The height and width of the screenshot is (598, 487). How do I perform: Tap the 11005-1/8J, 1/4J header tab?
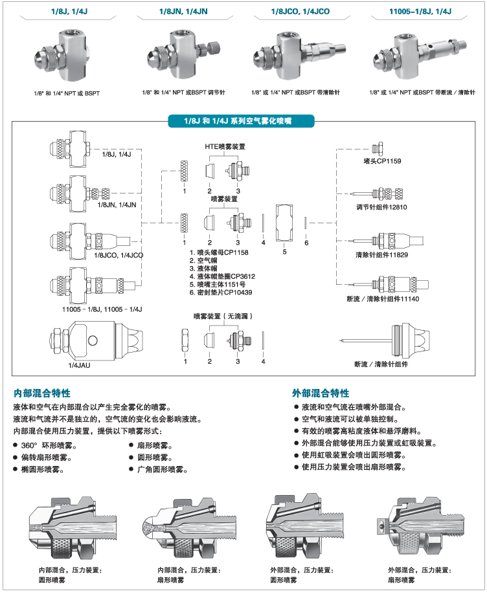[x=420, y=12]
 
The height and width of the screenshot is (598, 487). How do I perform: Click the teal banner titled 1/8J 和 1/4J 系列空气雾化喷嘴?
[x=238, y=121]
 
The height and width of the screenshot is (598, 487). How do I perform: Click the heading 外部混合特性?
[x=321, y=393]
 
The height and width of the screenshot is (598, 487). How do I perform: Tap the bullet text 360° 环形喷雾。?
[x=49, y=446]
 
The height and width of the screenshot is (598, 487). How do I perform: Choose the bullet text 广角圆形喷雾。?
[x=162, y=469]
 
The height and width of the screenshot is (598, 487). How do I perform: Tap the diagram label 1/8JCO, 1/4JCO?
[x=119, y=256]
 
